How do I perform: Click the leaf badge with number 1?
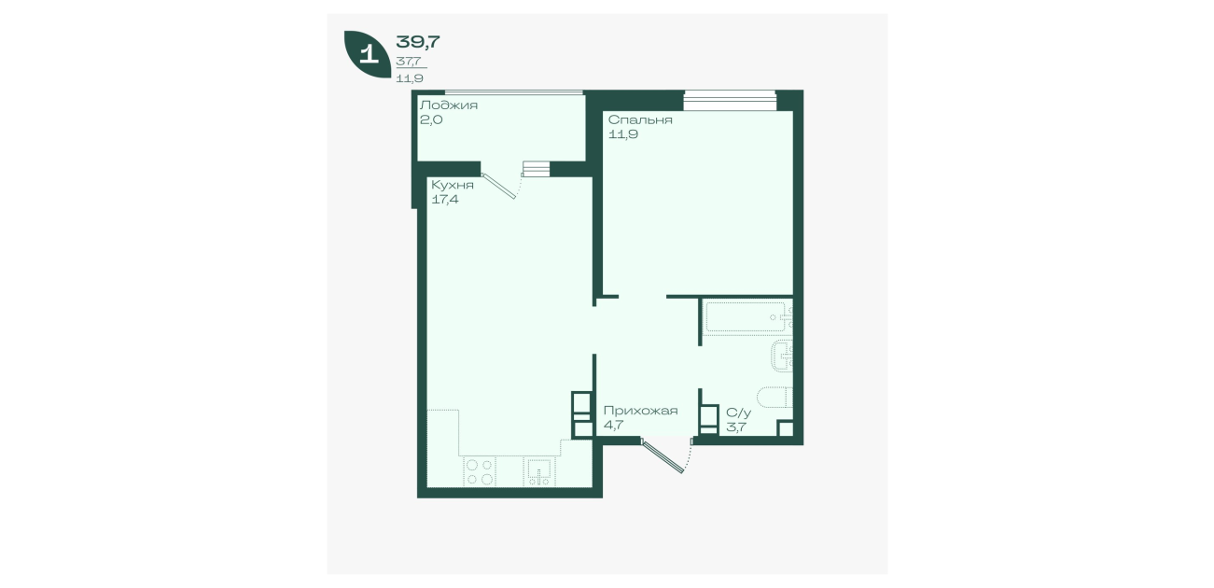(x=368, y=54)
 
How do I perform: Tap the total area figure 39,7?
(x=418, y=41)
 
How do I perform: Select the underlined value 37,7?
(x=409, y=61)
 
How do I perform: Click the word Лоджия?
(x=449, y=105)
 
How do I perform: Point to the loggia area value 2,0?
(x=431, y=119)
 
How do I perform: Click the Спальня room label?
(x=640, y=119)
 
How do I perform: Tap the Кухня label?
(x=453, y=185)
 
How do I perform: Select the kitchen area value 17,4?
(x=445, y=199)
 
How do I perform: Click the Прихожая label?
(x=641, y=411)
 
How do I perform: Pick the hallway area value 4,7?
(x=613, y=425)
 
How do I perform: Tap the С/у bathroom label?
(x=739, y=413)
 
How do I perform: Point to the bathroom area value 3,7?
(x=736, y=427)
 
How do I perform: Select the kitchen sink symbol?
(x=539, y=472)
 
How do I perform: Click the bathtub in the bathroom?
(x=746, y=317)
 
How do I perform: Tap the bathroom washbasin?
(x=782, y=356)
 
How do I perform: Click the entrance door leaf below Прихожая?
(x=663, y=456)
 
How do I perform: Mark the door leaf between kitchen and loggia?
(x=498, y=186)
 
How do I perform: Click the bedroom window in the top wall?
(x=730, y=100)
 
